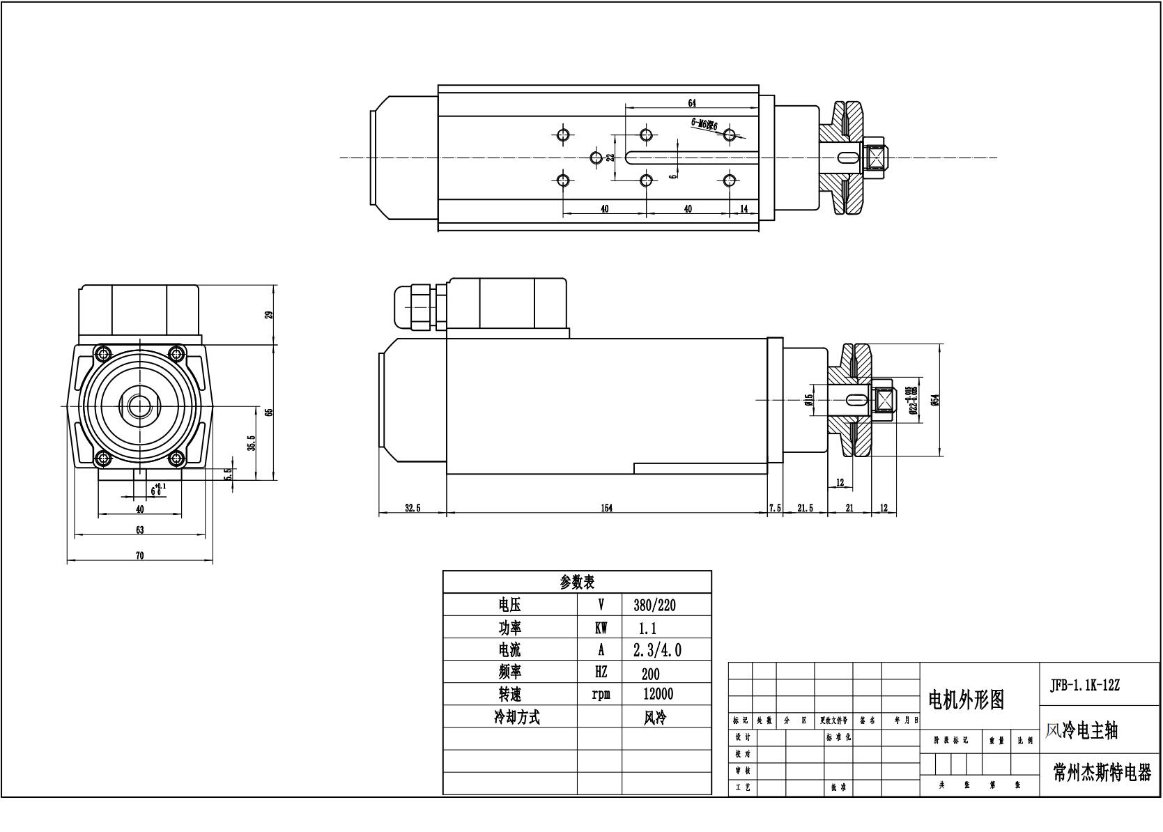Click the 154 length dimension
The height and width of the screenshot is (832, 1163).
606,508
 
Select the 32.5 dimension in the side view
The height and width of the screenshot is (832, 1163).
413,508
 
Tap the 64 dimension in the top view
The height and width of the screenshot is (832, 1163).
692,103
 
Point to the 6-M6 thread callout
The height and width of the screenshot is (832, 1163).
704,124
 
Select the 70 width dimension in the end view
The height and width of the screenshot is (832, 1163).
139,555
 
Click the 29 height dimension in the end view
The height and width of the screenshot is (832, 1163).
269,314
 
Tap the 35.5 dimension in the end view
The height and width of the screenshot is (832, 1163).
252,442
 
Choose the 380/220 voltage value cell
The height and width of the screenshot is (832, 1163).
654,605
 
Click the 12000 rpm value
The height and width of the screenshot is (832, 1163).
658,694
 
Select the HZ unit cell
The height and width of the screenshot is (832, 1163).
600,672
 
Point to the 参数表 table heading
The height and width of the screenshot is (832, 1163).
577,583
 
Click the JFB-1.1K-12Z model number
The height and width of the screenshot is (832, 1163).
1084,684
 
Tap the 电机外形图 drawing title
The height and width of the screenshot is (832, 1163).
966,700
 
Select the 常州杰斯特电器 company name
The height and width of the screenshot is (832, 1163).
1101,772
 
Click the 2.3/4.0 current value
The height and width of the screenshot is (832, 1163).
656,650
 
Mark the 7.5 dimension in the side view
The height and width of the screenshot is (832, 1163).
775,508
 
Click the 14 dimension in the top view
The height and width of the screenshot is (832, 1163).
744,209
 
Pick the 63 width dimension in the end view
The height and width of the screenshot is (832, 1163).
139,530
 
